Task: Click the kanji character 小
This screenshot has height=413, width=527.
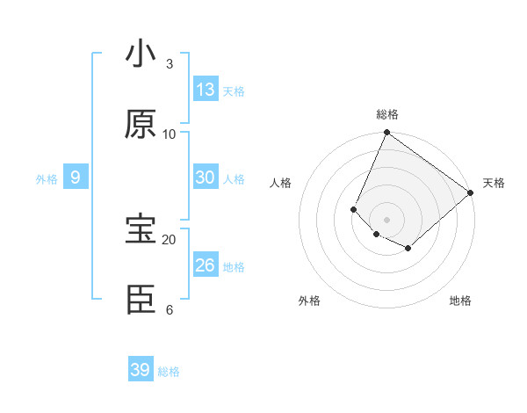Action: [141, 54]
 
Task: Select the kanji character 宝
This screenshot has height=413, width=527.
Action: [141, 229]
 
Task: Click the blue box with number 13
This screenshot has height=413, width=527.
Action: [206, 90]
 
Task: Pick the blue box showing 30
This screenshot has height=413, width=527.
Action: [206, 178]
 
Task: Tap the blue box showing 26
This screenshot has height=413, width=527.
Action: [206, 265]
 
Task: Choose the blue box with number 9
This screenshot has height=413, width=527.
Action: [76, 178]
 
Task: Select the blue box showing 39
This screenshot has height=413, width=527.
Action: [141, 370]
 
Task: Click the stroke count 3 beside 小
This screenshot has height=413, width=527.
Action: [170, 63]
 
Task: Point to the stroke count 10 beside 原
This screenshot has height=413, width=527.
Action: [170, 134]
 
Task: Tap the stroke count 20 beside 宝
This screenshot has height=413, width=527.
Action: [170, 239]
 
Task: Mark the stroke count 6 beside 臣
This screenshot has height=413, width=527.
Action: [170, 309]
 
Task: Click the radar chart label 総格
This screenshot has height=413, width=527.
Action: [387, 114]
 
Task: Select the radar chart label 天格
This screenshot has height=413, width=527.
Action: [494, 183]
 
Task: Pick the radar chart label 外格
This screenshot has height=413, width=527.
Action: [309, 301]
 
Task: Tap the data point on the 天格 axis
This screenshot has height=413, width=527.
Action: [471, 192]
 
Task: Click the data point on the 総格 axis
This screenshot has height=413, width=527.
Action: [387, 134]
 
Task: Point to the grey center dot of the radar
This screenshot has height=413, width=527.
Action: [387, 219]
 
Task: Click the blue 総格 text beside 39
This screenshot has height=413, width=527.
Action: [170, 372]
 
